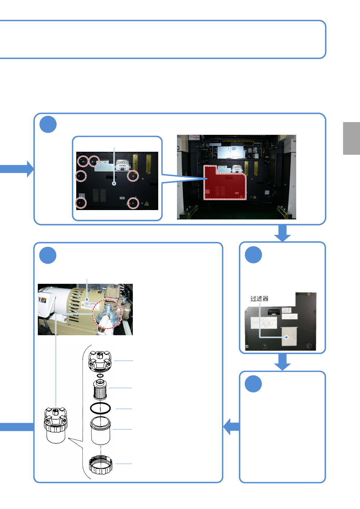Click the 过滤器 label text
point(259,299)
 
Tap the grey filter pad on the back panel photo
point(290,336)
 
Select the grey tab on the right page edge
point(351,138)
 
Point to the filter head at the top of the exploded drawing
point(100,361)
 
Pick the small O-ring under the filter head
point(100,376)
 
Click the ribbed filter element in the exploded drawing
point(100,390)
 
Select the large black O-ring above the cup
point(100,408)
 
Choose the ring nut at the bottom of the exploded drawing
point(100,464)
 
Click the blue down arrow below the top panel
point(283,234)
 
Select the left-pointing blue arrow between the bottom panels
point(231,426)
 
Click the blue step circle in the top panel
point(48,124)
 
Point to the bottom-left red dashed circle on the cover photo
point(81,203)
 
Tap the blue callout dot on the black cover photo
point(114,183)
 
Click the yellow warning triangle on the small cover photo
point(147,204)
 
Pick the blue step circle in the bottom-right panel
point(253,384)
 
